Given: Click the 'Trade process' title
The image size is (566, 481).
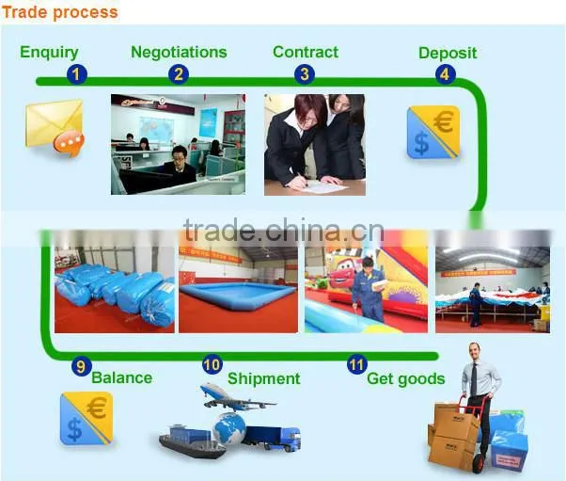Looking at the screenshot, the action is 60,12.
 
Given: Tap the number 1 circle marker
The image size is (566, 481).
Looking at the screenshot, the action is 76,74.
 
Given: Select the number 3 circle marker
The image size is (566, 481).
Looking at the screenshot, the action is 305,74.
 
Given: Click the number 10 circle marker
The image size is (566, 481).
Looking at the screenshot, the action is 212,364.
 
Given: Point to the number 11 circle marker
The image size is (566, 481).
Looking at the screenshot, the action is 357,364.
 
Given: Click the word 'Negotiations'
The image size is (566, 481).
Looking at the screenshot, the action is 179,53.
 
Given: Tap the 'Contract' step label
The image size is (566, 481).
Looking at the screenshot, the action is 306,52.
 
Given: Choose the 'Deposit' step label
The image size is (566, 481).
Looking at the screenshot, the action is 448,54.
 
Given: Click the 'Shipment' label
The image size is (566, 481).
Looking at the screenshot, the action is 264,378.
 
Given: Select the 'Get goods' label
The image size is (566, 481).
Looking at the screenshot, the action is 406,379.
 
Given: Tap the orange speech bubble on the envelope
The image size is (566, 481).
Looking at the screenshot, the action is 69,143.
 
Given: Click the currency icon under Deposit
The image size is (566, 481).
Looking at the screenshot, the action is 433,133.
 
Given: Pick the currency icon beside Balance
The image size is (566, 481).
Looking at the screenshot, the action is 86,419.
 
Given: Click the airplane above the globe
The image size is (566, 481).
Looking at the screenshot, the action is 236,397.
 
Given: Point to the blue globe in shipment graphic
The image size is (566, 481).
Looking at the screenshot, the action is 229,429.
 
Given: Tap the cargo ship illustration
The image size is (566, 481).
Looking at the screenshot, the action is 191,441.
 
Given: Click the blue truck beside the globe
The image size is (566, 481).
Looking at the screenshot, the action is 272,439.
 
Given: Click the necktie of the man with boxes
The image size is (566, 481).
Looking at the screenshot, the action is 474,379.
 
